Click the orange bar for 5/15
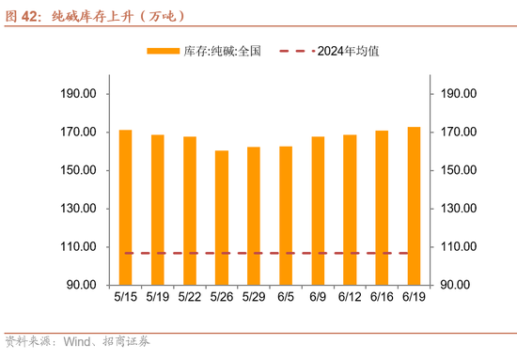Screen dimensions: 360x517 click(126, 207)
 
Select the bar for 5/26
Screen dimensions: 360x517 click(222, 217)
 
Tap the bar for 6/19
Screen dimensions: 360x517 click(414, 206)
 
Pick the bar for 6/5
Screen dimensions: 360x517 click(286, 215)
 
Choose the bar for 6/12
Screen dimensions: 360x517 click(350, 210)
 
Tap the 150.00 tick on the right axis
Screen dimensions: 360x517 click(459, 170)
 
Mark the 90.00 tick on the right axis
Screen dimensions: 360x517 click(456, 285)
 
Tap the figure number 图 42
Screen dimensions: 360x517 click(23, 15)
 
